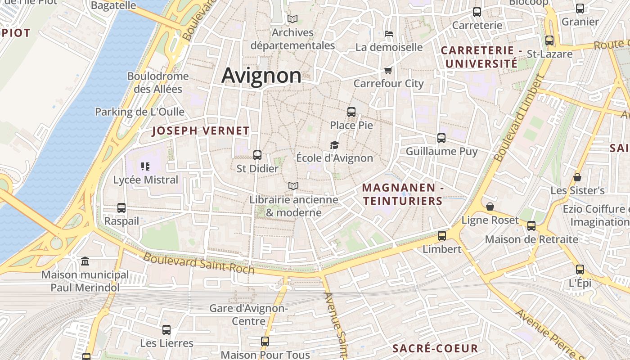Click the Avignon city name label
(261, 75)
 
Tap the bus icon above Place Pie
(351, 112)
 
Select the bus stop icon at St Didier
(257, 155)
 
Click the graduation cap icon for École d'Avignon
(334, 145)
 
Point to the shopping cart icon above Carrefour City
(388, 70)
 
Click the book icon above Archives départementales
(292, 19)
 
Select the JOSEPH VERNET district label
(201, 131)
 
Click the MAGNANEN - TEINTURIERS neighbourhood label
(403, 194)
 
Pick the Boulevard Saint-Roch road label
(198, 264)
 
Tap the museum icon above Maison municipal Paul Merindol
(85, 261)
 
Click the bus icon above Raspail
(121, 208)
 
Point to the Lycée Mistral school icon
(145, 166)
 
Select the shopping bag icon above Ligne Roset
(490, 207)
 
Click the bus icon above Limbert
(442, 236)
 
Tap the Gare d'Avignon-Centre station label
(248, 315)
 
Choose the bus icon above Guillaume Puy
(441, 138)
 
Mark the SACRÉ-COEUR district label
(435, 348)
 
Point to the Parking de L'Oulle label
(139, 112)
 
